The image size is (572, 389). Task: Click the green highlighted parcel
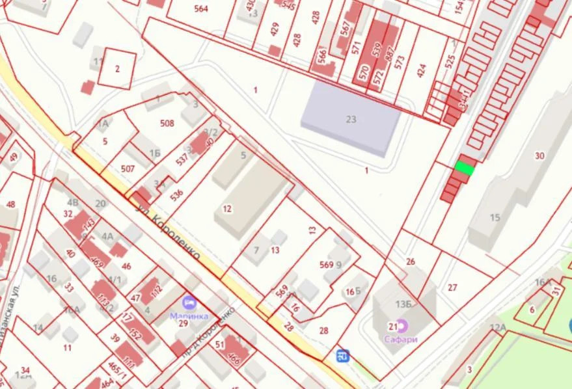pyautogui.click(x=464, y=167)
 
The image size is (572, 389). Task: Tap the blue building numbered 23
pyautogui.click(x=351, y=119)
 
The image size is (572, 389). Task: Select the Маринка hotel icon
pyautogui.click(x=189, y=302)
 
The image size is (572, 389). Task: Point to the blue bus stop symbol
pyautogui.click(x=343, y=355)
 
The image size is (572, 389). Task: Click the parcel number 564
pyautogui.click(x=201, y=9)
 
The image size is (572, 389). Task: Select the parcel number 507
pyautogui.click(x=128, y=169)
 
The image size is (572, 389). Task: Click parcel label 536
pyautogui.click(x=177, y=194)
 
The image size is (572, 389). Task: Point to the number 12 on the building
pyautogui.click(x=227, y=208)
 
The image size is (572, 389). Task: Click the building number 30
pyautogui.click(x=539, y=155)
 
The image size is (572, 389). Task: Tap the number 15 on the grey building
pyautogui.click(x=495, y=217)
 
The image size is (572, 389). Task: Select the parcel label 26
pyautogui.click(x=410, y=262)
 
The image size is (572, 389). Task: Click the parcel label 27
pyautogui.click(x=453, y=287)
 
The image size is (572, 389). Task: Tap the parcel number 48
pyautogui.click(x=10, y=204)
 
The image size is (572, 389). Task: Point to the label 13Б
pyautogui.click(x=400, y=302)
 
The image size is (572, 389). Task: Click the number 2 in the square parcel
pyautogui.click(x=118, y=69)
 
